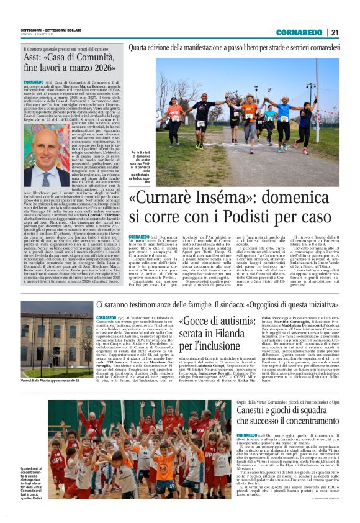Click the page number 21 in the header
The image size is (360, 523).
335,32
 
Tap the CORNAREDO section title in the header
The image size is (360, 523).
299,32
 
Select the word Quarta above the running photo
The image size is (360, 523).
140,47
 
